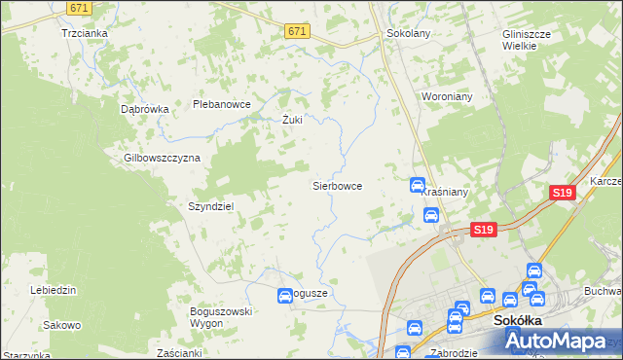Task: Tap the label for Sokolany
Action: [x=409, y=32]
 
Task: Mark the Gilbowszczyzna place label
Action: [x=162, y=158]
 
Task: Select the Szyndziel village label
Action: [x=210, y=206]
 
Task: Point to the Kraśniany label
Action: [x=446, y=193]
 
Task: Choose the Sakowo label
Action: [x=61, y=324]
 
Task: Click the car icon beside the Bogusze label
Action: [x=285, y=295]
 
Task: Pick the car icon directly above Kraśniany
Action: [x=417, y=184]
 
